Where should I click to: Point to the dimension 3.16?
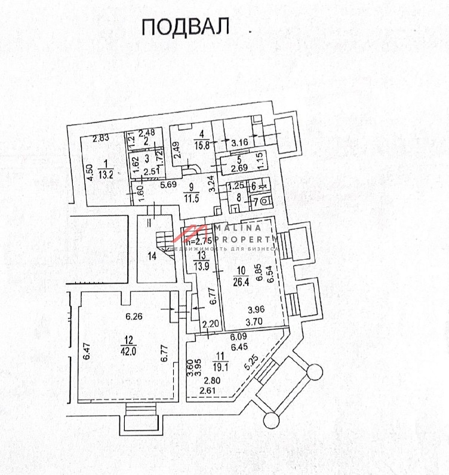(x=239, y=142)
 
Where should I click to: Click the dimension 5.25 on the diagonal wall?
(x=253, y=360)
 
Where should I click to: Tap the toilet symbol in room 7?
(x=264, y=202)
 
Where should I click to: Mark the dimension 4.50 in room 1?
(x=88, y=172)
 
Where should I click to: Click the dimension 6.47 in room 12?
(x=87, y=350)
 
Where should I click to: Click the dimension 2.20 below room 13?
(x=210, y=324)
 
